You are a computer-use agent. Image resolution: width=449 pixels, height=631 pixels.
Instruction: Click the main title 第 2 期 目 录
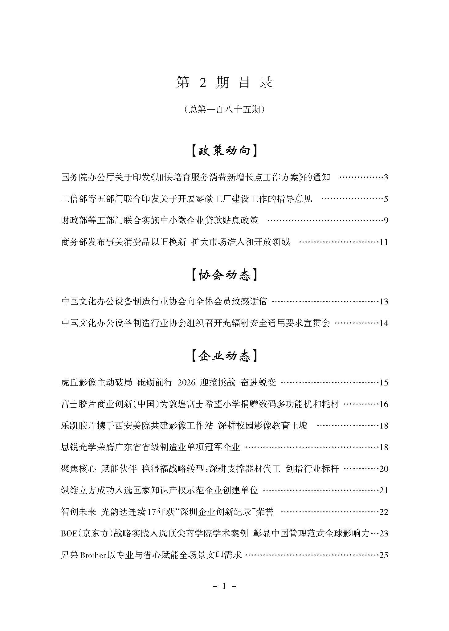[x=224, y=83]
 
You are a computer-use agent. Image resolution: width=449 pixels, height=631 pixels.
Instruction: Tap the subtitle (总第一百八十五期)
[x=224, y=109]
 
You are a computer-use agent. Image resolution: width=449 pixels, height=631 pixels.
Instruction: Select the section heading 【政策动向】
[x=224, y=151]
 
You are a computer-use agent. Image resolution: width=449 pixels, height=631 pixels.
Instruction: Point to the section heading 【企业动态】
[x=224, y=356]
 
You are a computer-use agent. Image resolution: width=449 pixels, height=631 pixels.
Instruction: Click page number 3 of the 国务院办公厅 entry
[x=386, y=177]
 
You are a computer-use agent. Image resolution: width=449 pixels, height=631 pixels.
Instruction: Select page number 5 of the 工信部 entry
[x=386, y=199]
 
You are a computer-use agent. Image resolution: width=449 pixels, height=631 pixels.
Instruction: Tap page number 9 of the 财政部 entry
[x=386, y=221]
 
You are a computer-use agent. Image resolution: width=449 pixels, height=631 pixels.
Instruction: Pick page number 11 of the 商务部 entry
[x=383, y=242]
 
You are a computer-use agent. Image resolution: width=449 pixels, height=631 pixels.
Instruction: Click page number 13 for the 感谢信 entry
[x=383, y=302]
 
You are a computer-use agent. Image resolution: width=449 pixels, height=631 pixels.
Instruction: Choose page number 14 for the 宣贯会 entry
[x=383, y=323]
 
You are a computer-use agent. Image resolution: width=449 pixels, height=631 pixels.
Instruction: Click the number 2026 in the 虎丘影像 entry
[x=186, y=383]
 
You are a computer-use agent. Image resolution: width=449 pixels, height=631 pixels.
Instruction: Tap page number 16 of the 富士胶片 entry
[x=383, y=404]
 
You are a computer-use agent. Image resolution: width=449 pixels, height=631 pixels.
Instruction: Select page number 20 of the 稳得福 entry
[x=383, y=469]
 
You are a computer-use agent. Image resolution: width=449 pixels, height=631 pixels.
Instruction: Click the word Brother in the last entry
[x=93, y=555]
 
